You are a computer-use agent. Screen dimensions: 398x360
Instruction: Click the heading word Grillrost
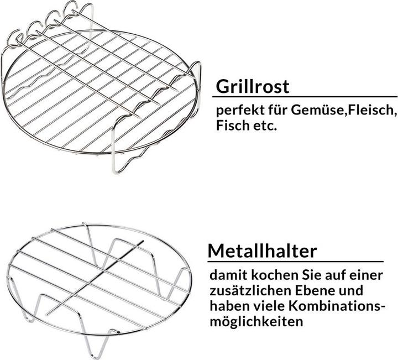[x=252, y=87]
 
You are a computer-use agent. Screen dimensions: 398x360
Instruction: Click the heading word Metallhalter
[x=263, y=251]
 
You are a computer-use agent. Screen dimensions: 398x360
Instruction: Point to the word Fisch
[x=233, y=125]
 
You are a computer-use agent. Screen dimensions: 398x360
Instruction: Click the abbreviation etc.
[x=265, y=126]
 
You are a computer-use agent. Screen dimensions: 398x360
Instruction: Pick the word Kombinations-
[x=337, y=306]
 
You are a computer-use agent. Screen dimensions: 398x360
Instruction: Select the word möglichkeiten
[x=256, y=322]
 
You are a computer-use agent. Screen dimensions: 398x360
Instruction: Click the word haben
[x=229, y=306]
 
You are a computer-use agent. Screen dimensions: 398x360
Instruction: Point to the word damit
[x=228, y=275]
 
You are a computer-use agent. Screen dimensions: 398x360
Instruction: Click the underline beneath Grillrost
[x=305, y=96]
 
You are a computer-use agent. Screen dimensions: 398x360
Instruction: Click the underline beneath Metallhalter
[x=295, y=261]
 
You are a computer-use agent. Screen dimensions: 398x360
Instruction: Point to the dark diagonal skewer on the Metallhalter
[x=95, y=278]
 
